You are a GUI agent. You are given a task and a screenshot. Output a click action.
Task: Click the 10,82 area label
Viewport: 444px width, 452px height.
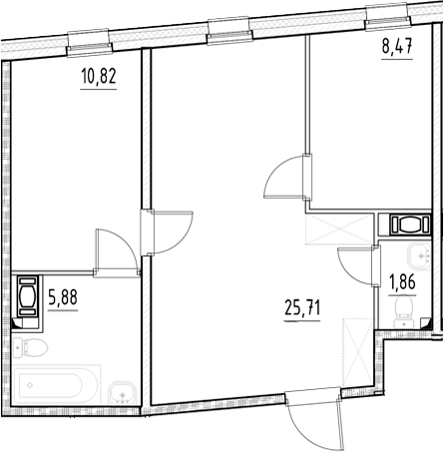coord(98,77)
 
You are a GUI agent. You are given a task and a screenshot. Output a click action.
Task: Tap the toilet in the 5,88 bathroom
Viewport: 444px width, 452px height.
coord(31,350)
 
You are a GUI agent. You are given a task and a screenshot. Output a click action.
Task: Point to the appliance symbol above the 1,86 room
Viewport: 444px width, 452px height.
coord(407,224)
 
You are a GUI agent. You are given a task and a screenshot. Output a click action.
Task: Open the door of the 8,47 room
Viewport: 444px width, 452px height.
coord(287,180)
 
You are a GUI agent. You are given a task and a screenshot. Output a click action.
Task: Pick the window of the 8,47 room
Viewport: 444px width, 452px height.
coord(389,14)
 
